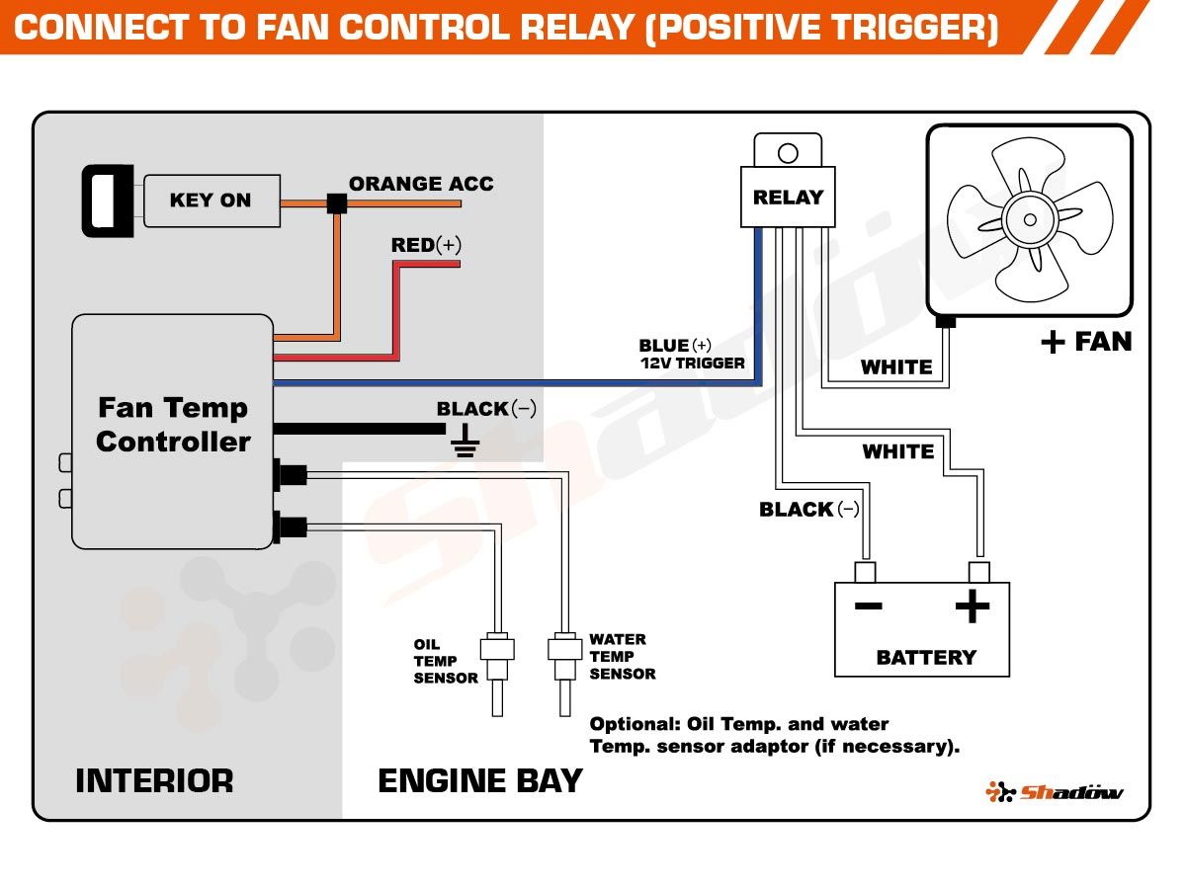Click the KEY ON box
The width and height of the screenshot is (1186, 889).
click(x=212, y=201)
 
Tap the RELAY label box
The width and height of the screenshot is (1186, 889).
click(x=788, y=197)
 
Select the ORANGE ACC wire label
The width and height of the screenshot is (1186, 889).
click(x=421, y=184)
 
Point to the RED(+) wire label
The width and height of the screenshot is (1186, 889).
click(x=426, y=245)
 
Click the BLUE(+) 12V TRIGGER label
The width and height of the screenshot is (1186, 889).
click(x=692, y=354)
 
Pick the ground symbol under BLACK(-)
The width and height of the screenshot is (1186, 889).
click(x=465, y=442)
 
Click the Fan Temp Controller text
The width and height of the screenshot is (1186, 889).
click(x=173, y=425)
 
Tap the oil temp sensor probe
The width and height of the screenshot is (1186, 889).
click(x=497, y=674)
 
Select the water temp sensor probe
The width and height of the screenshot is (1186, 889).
click(x=564, y=674)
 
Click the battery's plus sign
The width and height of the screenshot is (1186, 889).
click(x=973, y=606)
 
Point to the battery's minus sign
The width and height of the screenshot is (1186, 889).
click(x=869, y=606)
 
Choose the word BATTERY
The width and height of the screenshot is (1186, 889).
click(x=926, y=658)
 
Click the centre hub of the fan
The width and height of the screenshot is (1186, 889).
click(x=1030, y=219)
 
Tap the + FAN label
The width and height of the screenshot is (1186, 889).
click(x=1086, y=342)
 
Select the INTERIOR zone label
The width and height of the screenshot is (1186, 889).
click(x=154, y=781)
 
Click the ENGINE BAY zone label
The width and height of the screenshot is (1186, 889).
click(x=479, y=781)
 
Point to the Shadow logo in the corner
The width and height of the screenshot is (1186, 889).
click(x=1055, y=792)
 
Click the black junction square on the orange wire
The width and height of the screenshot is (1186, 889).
click(x=337, y=203)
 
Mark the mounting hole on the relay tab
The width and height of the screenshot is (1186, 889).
click(x=788, y=153)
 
